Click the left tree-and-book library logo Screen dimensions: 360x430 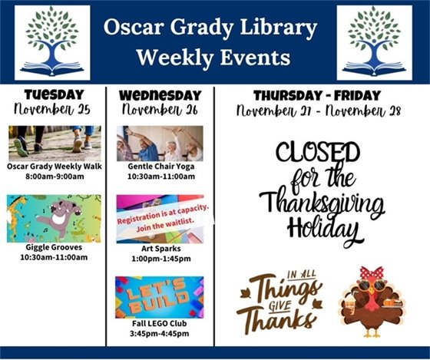pos(52,43)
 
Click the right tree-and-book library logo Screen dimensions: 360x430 pos(374,43)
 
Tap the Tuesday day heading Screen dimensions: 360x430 pos(54,94)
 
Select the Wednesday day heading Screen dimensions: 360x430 pos(160,95)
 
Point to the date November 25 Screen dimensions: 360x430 pos(54,109)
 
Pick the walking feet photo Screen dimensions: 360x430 pos(53,141)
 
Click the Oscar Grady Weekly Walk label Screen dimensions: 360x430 pos(54,166)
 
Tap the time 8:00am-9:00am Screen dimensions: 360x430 pos(54,177)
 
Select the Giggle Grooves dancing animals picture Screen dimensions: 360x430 pos(54,219)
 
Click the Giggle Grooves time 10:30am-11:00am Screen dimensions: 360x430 pos(54,257)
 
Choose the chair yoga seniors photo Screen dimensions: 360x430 pos(160,143)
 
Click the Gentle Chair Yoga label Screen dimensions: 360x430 pos(160,166)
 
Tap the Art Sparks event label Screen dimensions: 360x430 pos(160,248)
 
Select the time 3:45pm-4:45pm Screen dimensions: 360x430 pos(160,334)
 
